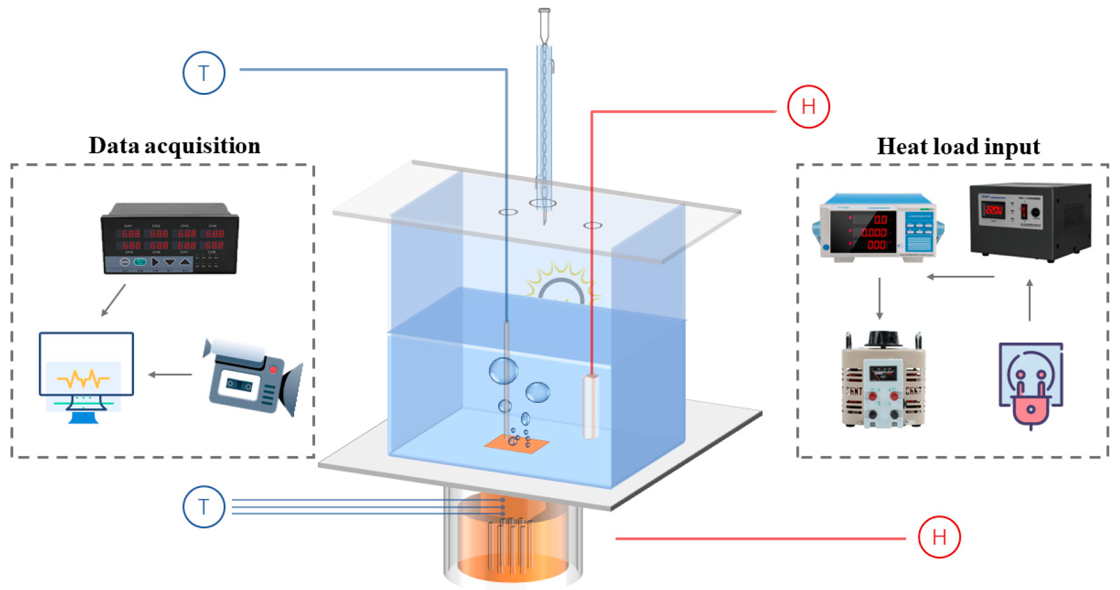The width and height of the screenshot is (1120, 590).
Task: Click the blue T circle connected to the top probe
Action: point(204,73)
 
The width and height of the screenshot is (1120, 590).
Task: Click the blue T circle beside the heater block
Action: point(204,507)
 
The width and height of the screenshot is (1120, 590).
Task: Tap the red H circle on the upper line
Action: point(808,107)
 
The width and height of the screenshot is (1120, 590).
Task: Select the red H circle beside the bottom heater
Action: point(939,536)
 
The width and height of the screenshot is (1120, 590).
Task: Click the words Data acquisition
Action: point(174,146)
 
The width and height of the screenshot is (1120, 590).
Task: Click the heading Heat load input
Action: point(958,147)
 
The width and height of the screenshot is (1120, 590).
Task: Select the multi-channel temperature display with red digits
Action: point(170,239)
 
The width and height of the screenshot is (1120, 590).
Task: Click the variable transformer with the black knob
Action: point(883,380)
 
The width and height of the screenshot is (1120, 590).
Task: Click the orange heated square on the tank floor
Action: point(517,444)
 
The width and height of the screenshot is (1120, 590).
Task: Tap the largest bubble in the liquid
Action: point(503,371)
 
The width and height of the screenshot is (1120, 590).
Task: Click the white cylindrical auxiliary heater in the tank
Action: point(590,405)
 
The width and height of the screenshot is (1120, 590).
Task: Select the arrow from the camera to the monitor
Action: point(170,375)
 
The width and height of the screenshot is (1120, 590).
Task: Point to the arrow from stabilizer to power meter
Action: point(960,277)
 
